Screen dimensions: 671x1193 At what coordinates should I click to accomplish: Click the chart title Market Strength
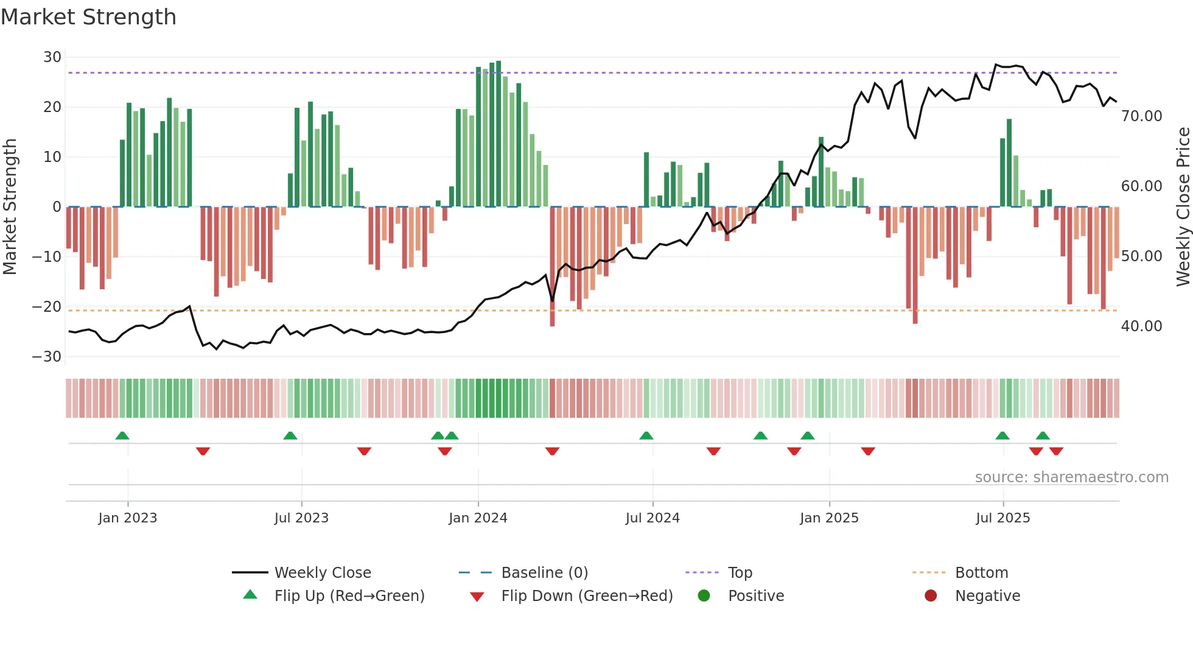coord(88,17)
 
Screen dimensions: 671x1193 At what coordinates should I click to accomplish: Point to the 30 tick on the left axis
coord(52,57)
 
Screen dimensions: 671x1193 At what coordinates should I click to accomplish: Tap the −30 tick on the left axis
coord(47,357)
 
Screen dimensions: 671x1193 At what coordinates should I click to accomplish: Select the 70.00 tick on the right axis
coord(1141,116)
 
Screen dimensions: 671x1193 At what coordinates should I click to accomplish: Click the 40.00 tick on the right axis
coord(1141,326)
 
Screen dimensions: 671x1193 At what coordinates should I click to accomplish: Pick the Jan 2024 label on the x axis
coord(478,518)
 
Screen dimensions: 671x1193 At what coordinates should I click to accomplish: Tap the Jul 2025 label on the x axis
coord(1002,518)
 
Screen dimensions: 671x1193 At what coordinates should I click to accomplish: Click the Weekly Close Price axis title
coord(1183,207)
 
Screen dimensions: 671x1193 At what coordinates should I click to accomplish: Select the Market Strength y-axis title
coord(10,207)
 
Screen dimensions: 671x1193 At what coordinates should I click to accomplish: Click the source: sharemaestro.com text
coord(1071,477)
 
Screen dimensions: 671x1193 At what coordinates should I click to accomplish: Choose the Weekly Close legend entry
coord(322,573)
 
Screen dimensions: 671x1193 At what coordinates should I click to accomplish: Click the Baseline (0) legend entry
coord(544,573)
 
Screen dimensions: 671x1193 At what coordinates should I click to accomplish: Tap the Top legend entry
coord(740,573)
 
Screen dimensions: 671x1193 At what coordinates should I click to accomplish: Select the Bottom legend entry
coord(981,573)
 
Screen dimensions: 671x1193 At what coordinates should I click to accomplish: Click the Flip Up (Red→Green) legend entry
coord(349,596)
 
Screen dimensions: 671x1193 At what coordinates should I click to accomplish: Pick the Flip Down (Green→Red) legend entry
coord(586,596)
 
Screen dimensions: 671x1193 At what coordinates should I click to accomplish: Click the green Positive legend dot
coord(704,596)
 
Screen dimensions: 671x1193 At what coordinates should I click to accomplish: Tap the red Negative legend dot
coord(931,596)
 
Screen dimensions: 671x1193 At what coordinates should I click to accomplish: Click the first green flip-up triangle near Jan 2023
coord(122,436)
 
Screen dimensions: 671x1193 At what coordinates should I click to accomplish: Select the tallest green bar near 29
coord(499,134)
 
